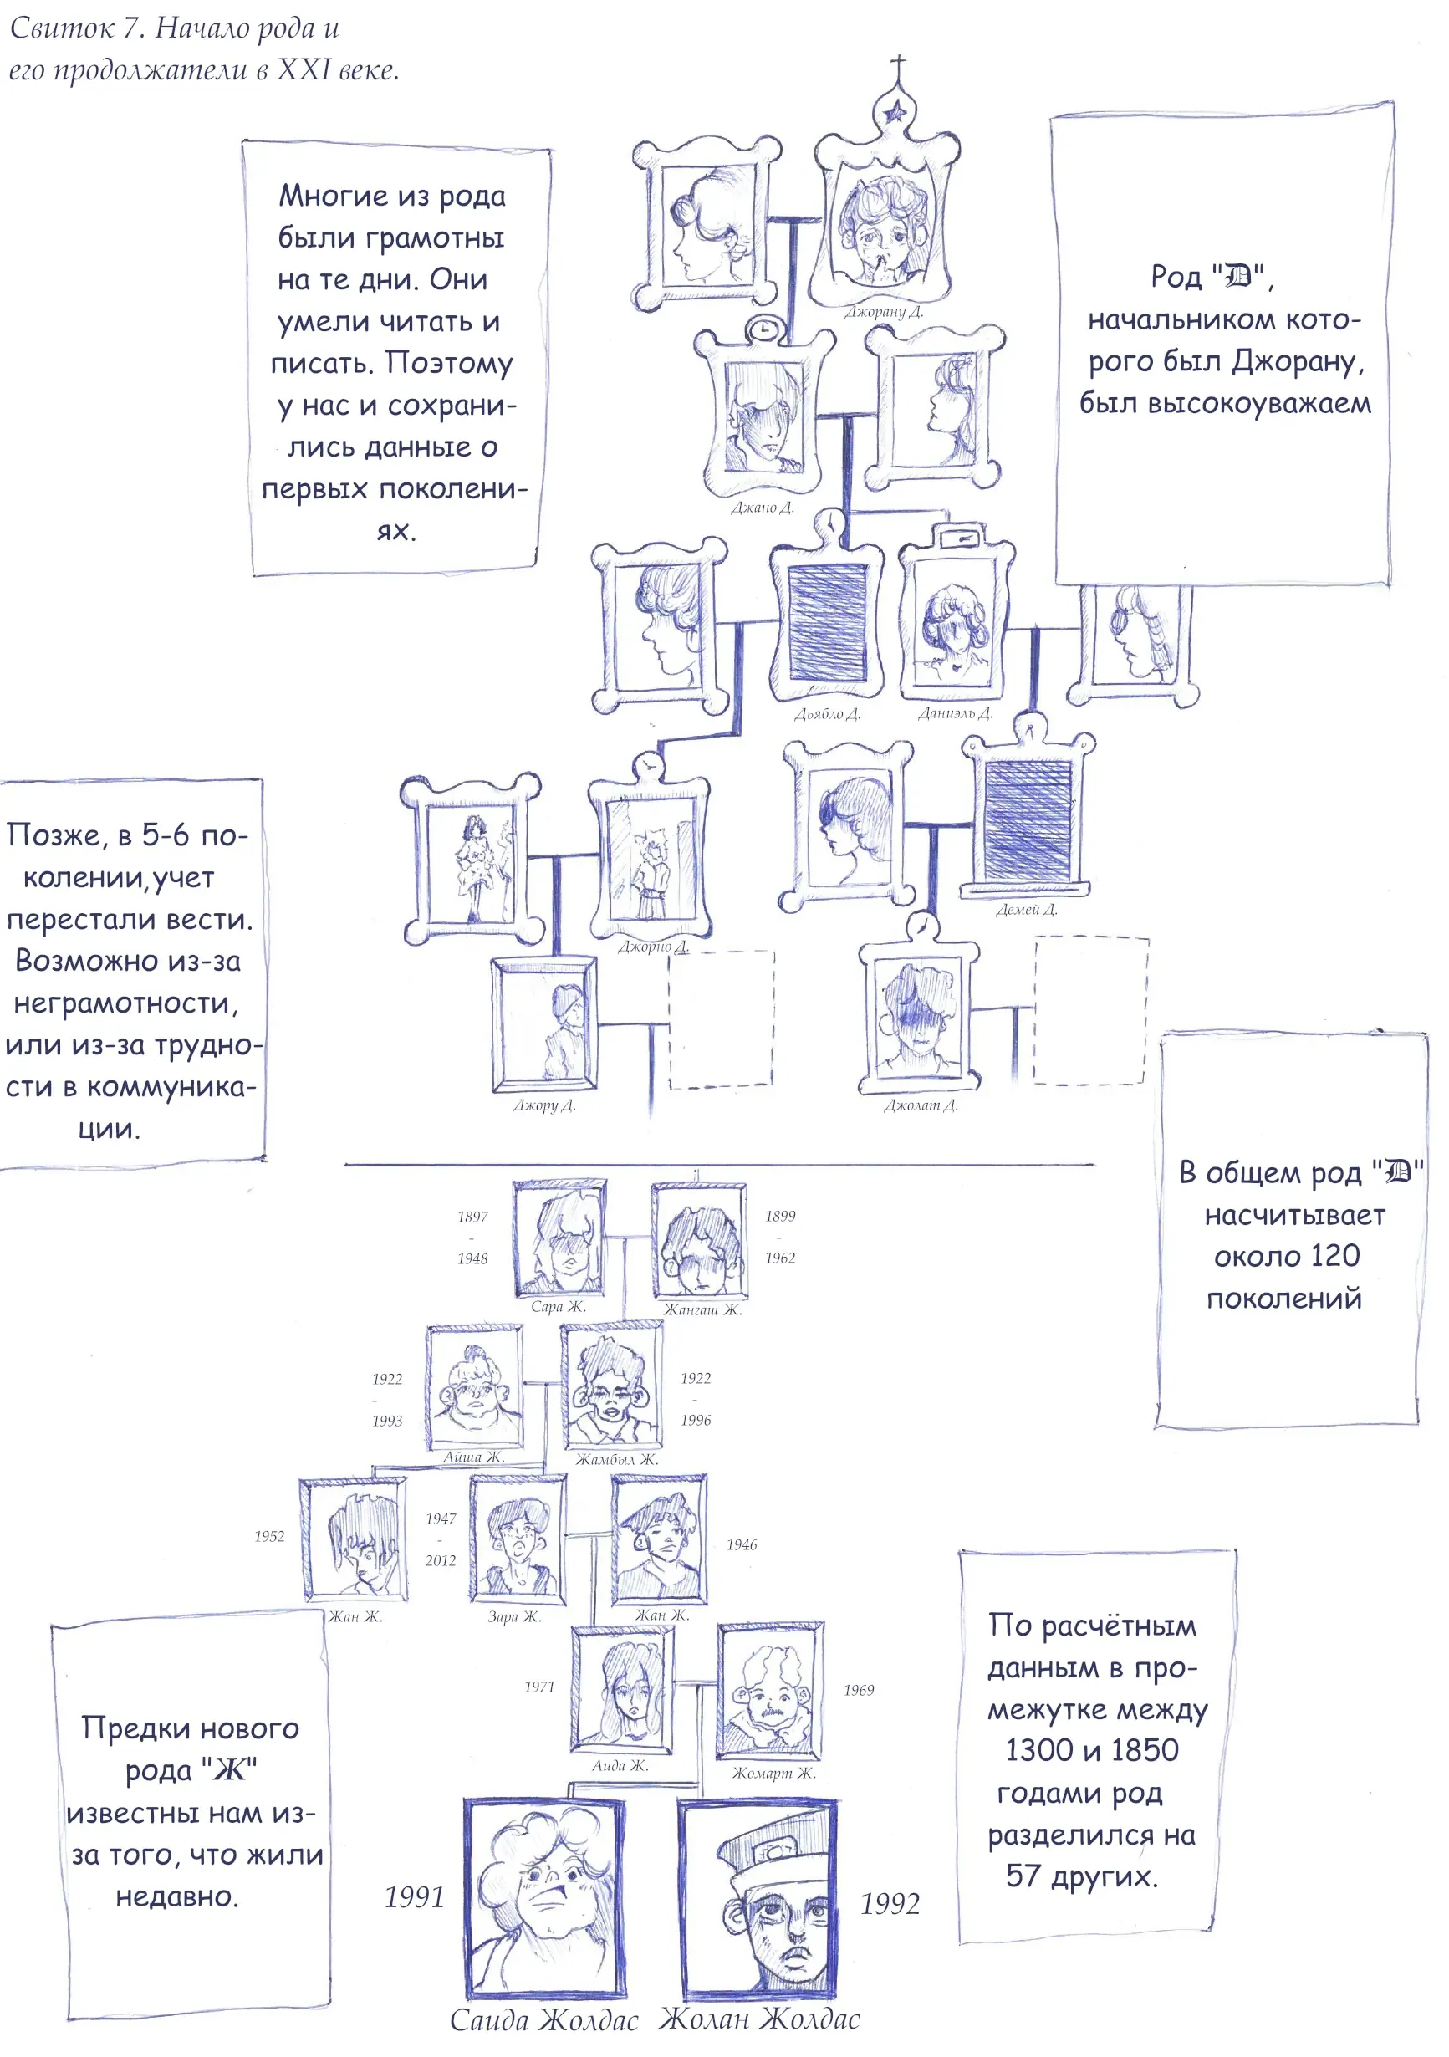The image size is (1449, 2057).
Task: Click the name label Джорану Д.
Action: tap(883, 312)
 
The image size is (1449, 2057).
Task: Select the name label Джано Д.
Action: tap(762, 508)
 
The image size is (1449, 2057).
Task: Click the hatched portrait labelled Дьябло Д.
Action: tap(827, 624)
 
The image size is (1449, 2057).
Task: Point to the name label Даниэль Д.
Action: tap(955, 713)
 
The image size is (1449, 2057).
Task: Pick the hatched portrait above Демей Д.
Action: tap(1028, 819)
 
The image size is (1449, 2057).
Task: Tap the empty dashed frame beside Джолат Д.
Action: tap(1090, 1011)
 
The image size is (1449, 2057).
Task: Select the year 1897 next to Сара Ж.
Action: tap(472, 1217)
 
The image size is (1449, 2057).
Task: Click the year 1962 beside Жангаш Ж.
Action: tap(779, 1258)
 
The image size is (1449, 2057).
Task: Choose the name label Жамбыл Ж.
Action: tap(616, 1459)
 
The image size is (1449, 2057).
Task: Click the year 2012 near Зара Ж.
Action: tap(440, 1560)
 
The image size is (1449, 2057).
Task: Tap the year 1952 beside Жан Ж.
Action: tap(269, 1537)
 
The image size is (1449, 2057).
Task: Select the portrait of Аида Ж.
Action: tap(622, 1690)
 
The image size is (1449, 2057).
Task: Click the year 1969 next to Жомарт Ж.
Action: tap(858, 1690)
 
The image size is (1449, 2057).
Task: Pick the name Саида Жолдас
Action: tap(543, 2019)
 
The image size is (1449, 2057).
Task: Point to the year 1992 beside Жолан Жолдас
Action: tap(890, 1904)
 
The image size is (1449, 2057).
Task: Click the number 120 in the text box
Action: tap(1334, 1256)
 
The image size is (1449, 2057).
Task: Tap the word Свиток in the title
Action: tap(62, 28)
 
